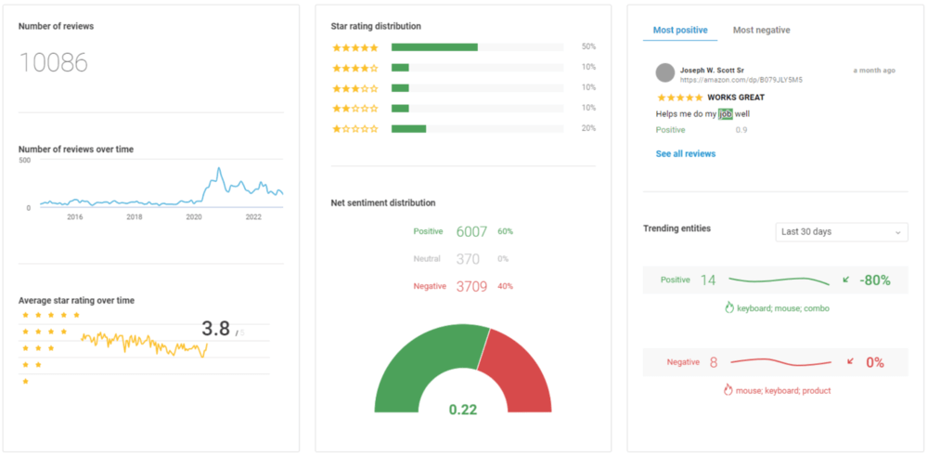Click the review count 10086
[x=54, y=63]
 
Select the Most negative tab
[x=761, y=31]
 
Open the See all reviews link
[x=686, y=153]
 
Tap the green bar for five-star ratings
[x=434, y=46]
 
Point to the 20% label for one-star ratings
[x=588, y=128]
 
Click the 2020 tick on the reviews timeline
[x=194, y=217]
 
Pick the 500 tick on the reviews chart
[x=25, y=160]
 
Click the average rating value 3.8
[x=215, y=329]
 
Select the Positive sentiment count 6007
[x=471, y=231]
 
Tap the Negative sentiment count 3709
[x=471, y=286]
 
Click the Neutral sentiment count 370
[x=468, y=259]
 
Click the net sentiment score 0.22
[x=463, y=410]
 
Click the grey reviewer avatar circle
[x=664, y=72]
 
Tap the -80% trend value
[x=875, y=280]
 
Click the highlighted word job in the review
[x=726, y=114]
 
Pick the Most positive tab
[x=679, y=31]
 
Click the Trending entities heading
[x=677, y=228]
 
